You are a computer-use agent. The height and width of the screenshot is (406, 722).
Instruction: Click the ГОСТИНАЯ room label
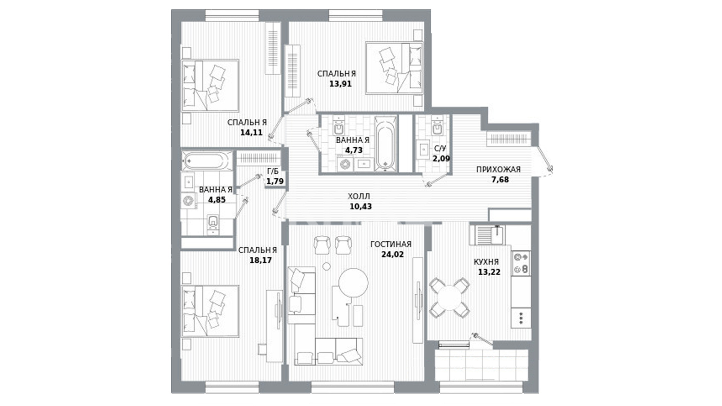pos(391,244)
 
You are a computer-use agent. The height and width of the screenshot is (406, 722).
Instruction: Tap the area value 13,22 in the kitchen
pos(489,272)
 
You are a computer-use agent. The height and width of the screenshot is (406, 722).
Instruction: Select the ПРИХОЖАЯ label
pos(498,170)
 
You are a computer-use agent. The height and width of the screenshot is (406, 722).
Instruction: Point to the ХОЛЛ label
pos(359,196)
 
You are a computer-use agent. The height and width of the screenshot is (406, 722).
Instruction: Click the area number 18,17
pos(260,260)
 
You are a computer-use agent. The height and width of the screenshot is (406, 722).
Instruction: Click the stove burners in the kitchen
pos(521,263)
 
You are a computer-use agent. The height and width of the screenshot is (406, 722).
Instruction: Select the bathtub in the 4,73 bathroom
pos(386,144)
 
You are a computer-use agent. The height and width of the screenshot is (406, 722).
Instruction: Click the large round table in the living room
pos(353,283)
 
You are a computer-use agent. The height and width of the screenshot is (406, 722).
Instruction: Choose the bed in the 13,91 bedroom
pos(394,68)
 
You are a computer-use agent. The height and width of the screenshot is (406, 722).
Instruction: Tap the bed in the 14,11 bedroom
pos(210,85)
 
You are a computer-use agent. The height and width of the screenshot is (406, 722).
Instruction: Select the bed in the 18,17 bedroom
pos(210,311)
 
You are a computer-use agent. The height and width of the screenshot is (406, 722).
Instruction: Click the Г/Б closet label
pos(273,171)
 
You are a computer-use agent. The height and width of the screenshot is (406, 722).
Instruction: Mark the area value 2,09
pos(441,159)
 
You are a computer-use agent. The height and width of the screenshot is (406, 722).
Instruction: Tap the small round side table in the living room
pos(326,267)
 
